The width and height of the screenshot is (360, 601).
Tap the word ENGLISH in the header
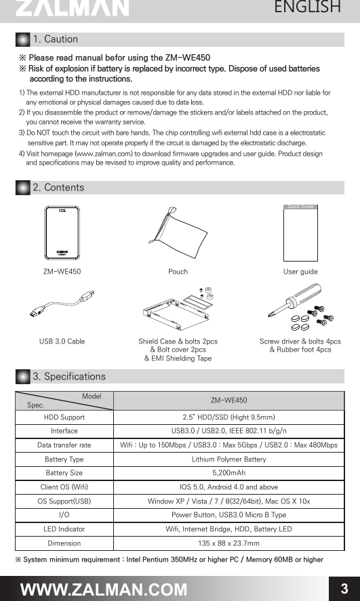click(307, 7)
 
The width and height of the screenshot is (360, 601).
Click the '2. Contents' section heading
click(58, 187)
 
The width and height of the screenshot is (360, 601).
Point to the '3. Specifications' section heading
click(69, 376)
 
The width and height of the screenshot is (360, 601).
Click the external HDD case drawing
click(62, 232)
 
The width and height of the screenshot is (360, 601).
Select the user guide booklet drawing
click(300, 230)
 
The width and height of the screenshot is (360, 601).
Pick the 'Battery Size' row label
click(64, 473)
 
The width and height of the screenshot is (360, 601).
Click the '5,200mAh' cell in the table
click(228, 473)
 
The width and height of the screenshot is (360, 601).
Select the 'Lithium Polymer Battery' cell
click(228, 459)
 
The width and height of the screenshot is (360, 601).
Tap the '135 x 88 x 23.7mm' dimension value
click(228, 543)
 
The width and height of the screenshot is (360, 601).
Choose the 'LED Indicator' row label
click(64, 529)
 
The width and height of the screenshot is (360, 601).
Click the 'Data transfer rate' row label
click(64, 445)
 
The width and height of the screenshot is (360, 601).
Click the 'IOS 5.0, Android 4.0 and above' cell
click(228, 487)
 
